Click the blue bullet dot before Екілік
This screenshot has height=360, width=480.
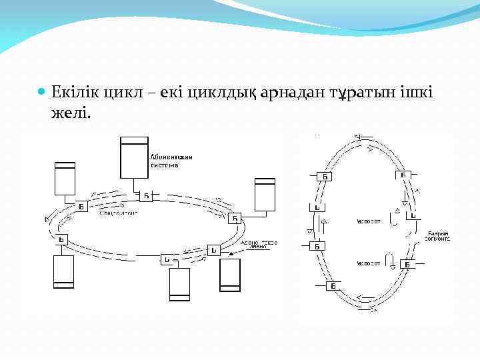pos(42,91)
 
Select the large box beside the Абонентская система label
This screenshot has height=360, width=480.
pos(133,157)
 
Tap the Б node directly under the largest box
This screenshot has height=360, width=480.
pos(146,196)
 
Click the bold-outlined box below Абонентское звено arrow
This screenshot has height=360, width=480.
pos(229,275)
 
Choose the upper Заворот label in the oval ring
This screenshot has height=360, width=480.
pos(369,221)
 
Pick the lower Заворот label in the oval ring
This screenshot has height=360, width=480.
pos(369,262)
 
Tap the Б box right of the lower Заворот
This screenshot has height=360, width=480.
pos(407,265)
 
